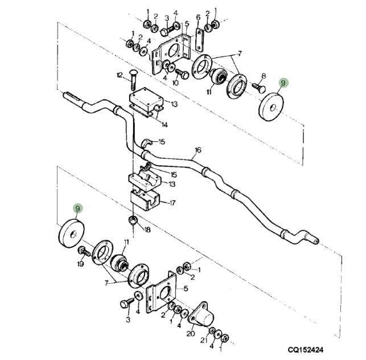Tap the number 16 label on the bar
pyautogui.click(x=197, y=150)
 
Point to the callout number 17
pyautogui.click(x=172, y=202)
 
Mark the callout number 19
pyautogui.click(x=80, y=264)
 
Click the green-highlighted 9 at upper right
pyautogui.click(x=283, y=83)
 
